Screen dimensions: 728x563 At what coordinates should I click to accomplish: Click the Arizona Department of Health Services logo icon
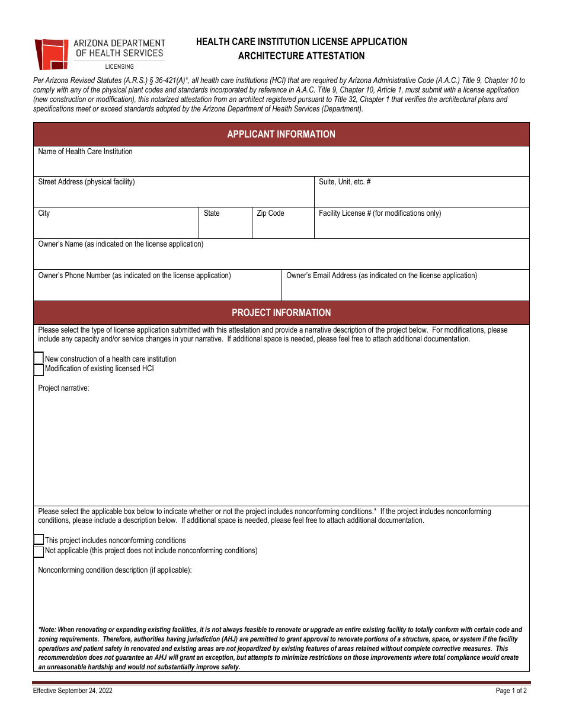pyautogui.click(x=52, y=54)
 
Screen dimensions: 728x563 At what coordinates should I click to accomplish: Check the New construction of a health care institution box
pyautogui.click(x=39, y=359)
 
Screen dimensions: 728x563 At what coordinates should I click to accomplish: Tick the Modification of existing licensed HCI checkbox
pyautogui.click(x=39, y=369)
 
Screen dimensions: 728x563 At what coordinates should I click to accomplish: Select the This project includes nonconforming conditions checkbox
pyautogui.click(x=39, y=540)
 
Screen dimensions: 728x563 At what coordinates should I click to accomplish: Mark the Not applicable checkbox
pyautogui.click(x=39, y=551)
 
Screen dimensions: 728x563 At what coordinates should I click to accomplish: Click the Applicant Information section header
pyautogui.click(x=281, y=134)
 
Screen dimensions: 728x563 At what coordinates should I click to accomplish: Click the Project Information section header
pyautogui.click(x=281, y=312)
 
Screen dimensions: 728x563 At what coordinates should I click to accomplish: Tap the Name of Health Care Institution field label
pyautogui.click(x=85, y=152)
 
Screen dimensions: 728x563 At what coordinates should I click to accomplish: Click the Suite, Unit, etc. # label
pyautogui.click(x=344, y=182)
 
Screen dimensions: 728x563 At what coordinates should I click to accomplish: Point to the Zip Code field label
pyautogui.click(x=270, y=213)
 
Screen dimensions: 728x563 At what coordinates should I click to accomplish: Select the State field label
pyautogui.click(x=212, y=213)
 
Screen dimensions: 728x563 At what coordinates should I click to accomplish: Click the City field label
pyautogui.click(x=44, y=213)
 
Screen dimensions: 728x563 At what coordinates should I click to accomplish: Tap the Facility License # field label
pyautogui.click(x=379, y=213)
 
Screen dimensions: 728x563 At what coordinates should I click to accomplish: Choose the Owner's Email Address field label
pyautogui.click(x=381, y=276)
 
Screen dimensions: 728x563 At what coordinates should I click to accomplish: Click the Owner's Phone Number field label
pyautogui.click(x=135, y=276)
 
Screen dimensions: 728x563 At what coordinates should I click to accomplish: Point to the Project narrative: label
pyautogui.click(x=63, y=388)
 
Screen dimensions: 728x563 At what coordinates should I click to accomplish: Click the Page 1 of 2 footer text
pyautogui.click(x=511, y=691)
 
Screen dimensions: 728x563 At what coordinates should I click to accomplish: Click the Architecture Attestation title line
pyautogui.click(x=301, y=56)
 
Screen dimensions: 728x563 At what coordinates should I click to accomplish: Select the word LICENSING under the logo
pyautogui.click(x=119, y=66)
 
